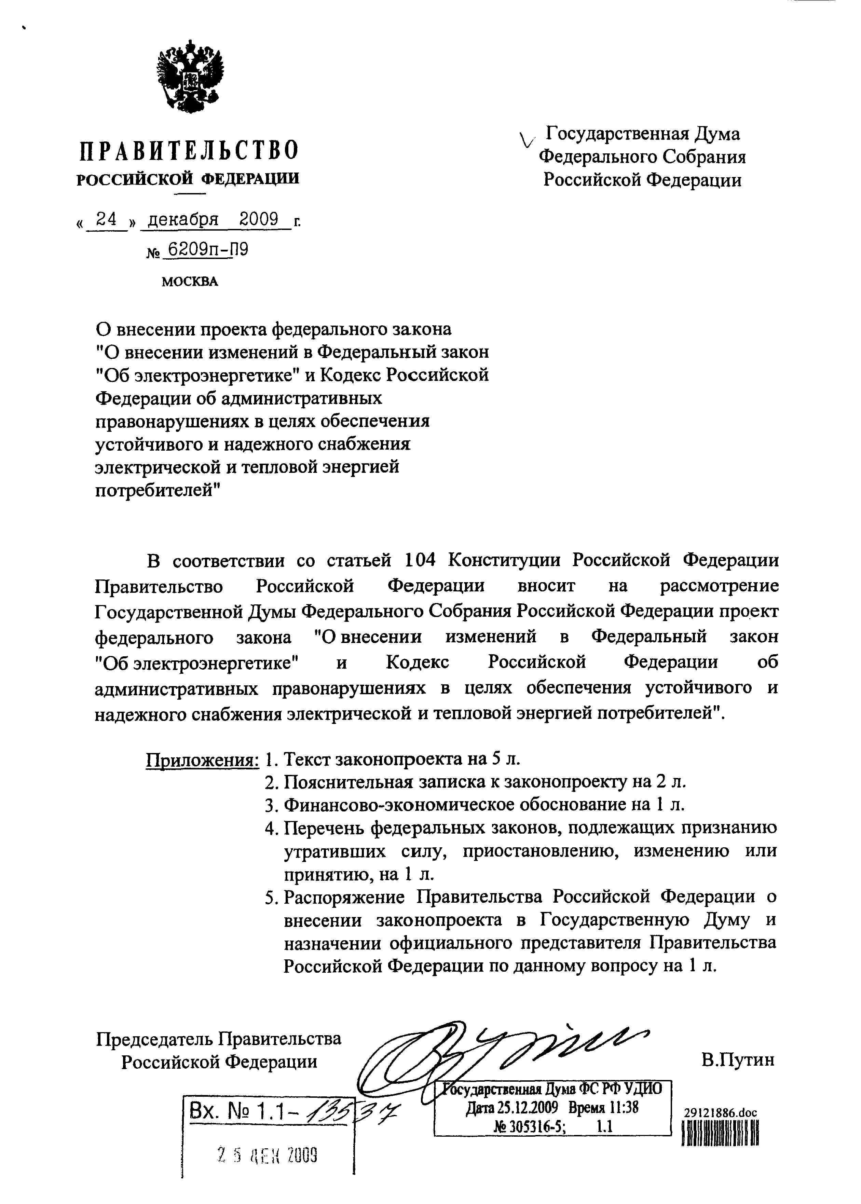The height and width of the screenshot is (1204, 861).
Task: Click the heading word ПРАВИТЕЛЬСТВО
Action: click(x=189, y=151)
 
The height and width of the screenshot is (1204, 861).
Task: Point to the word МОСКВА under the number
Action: click(x=189, y=282)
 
